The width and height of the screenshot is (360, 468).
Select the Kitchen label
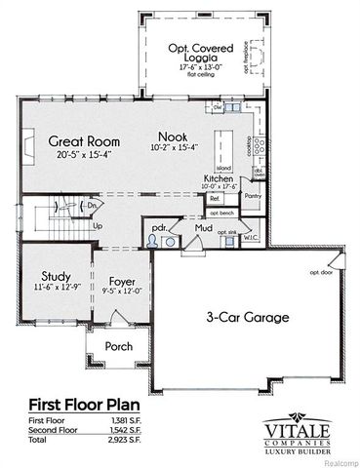tap(218, 179)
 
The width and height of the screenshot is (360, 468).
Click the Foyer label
tap(122, 277)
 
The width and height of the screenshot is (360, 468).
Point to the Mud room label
tap(203, 227)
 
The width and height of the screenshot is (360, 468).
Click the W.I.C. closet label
tap(249, 234)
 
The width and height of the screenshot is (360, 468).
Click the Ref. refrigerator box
tap(215, 197)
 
